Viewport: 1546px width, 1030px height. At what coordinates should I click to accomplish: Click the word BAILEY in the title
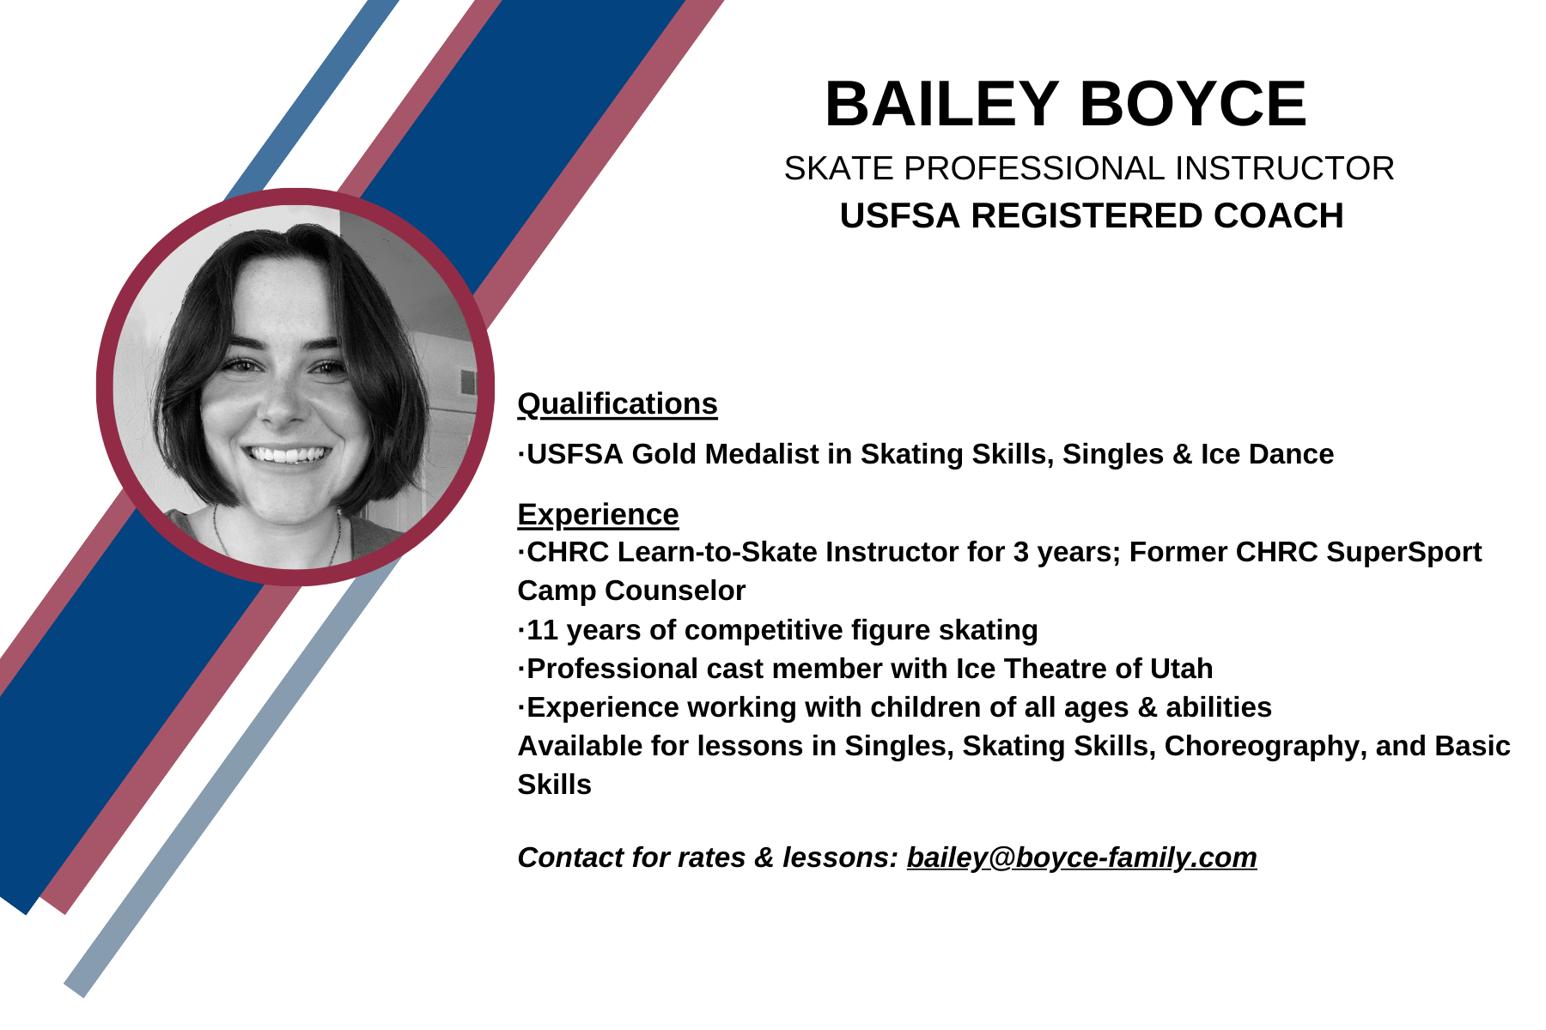[x=941, y=104]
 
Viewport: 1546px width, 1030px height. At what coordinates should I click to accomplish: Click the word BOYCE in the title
[x=1193, y=104]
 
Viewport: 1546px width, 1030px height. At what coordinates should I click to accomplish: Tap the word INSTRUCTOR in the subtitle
[x=1285, y=168]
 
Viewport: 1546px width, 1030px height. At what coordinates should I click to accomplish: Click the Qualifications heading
[x=618, y=403]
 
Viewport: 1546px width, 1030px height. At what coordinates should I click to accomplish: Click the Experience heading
[x=598, y=514]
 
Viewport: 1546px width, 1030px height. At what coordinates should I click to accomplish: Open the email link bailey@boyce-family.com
[x=1081, y=857]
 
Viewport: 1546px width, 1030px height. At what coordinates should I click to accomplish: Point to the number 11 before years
[x=542, y=630]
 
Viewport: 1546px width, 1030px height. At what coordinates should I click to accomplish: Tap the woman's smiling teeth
[x=289, y=454]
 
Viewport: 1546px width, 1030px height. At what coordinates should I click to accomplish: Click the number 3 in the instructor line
[x=1021, y=552]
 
